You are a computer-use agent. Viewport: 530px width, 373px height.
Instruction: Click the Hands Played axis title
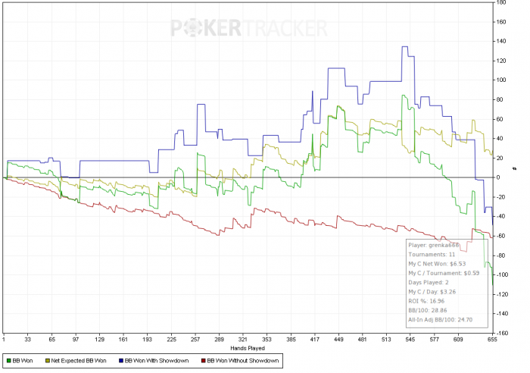pos(249,348)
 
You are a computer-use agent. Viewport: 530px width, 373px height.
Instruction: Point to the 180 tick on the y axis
pos(501,2)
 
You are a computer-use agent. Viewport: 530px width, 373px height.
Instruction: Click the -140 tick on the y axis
pos(501,313)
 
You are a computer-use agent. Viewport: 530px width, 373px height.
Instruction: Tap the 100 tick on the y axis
pos(501,80)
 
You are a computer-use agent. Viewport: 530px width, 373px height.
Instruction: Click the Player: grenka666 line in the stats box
pos(433,246)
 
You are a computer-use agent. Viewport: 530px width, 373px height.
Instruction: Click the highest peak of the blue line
pos(405,47)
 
